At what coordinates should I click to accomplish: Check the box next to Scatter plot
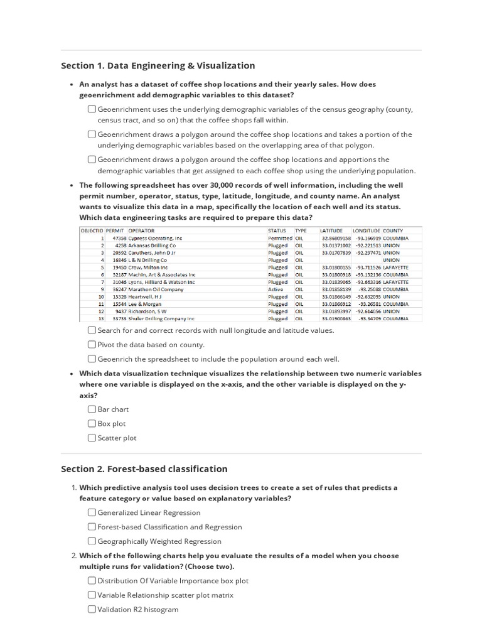tap(92, 438)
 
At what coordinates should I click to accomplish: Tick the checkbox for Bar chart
tap(92, 409)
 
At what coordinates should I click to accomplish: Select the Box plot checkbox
tap(92, 423)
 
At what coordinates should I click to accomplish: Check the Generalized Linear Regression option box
tap(92, 512)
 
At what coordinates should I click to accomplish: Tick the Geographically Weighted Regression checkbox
tap(92, 541)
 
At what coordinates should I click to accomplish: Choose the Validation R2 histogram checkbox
tap(92, 609)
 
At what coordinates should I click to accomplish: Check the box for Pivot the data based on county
tap(92, 345)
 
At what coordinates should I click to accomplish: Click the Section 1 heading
tap(158, 65)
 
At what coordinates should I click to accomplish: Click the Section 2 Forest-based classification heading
tap(144, 468)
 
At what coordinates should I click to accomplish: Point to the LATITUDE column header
tap(332, 230)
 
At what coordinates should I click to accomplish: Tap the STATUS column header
tap(277, 230)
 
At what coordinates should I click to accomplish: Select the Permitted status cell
tap(280, 239)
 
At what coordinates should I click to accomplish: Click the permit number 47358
tap(119, 239)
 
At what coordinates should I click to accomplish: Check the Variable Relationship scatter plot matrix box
tap(92, 595)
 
